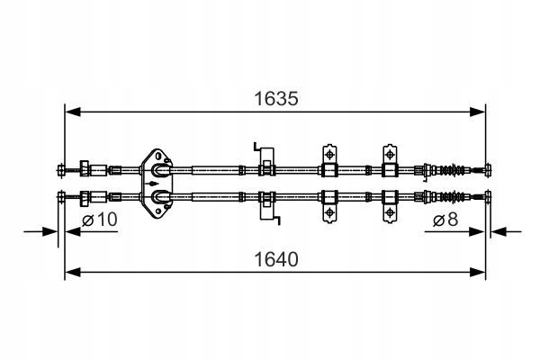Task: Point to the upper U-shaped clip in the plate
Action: [159, 168]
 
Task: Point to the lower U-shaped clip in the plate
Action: [159, 194]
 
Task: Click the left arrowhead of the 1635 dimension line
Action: [70, 112]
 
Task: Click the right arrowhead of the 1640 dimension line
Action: [482, 271]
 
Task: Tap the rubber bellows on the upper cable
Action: [456, 168]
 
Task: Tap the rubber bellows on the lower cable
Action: [456, 195]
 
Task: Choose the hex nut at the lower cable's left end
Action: [86, 196]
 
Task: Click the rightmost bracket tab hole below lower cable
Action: [390, 212]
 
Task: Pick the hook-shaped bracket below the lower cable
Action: [266, 208]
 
